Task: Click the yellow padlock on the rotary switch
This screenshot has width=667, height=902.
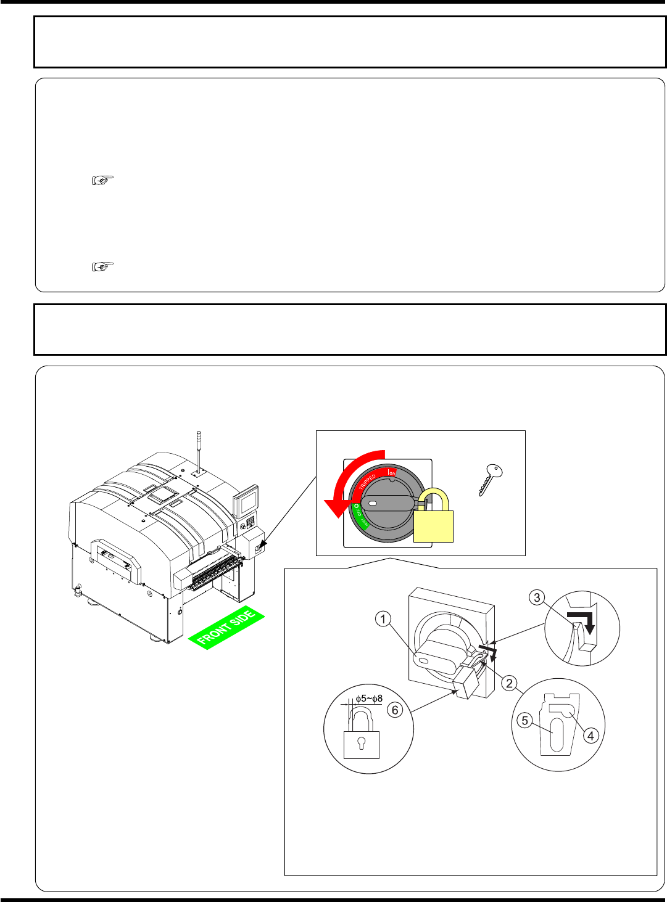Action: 433,524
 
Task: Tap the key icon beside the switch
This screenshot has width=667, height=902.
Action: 491,480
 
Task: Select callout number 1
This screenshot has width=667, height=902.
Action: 384,618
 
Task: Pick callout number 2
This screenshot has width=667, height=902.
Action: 509,683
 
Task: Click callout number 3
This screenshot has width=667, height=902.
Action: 537,597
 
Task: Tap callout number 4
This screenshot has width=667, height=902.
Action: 590,735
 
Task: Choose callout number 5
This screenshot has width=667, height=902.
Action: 524,720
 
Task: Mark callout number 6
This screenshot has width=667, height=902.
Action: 395,710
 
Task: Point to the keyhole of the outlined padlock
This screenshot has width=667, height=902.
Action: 361,742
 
